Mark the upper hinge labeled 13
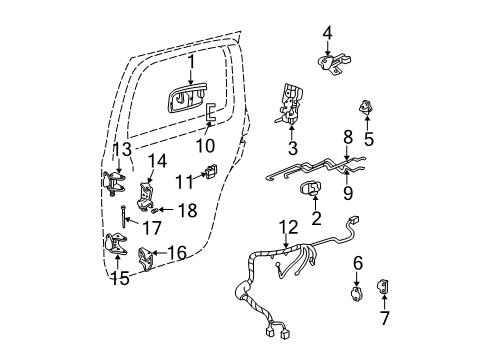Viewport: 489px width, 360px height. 115,184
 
